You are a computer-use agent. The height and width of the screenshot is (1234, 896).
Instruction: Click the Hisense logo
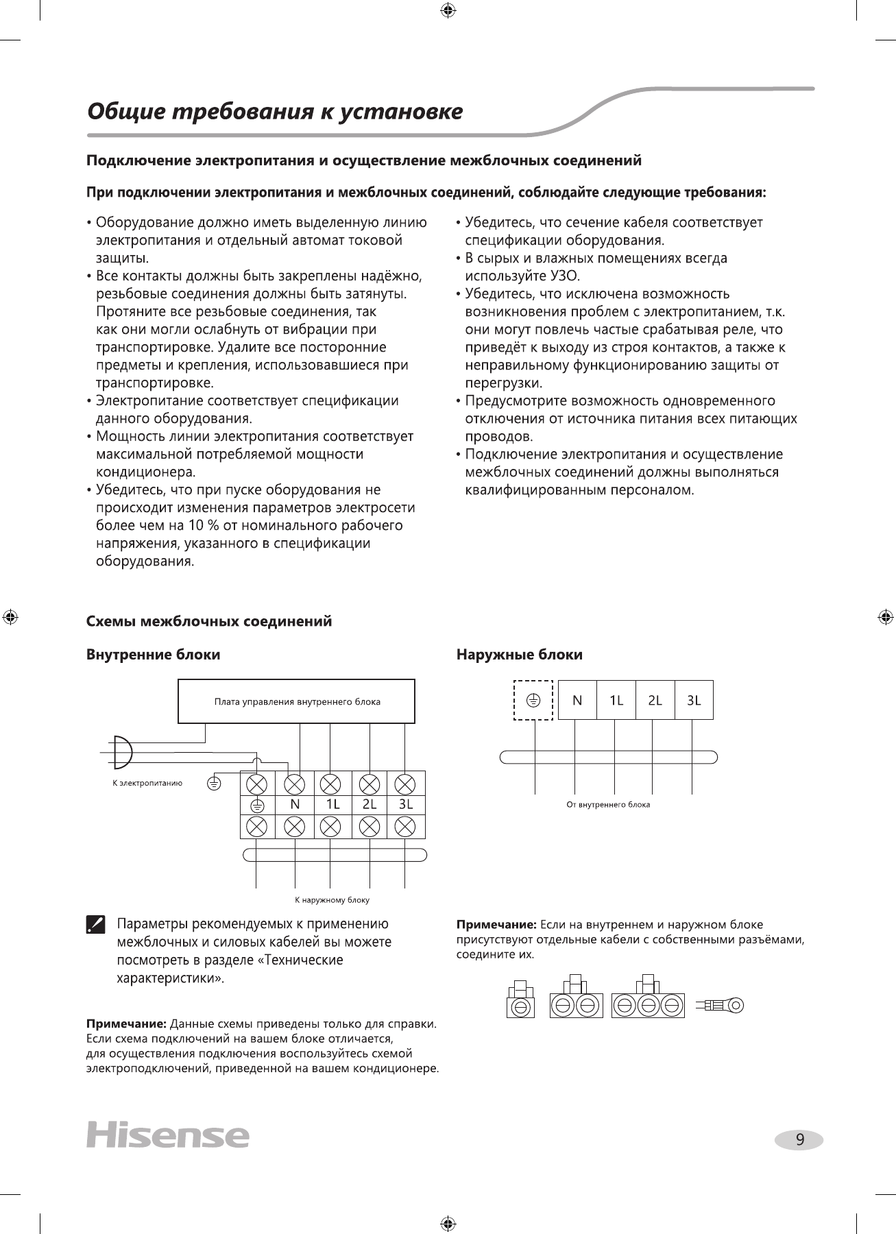click(167, 1135)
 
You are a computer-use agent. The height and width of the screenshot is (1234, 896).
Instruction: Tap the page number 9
click(799, 1140)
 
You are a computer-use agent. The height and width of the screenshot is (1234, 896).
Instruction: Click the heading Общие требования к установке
click(275, 111)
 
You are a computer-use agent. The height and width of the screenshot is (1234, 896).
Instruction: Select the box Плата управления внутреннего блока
click(296, 701)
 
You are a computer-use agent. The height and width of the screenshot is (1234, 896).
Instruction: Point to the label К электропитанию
click(147, 783)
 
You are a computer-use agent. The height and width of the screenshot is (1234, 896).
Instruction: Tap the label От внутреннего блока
click(608, 804)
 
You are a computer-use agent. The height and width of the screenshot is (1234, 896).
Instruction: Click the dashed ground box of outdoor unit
click(533, 700)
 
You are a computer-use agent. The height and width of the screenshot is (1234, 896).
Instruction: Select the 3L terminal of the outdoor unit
click(694, 700)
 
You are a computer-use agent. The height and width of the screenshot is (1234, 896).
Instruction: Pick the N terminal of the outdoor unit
click(577, 700)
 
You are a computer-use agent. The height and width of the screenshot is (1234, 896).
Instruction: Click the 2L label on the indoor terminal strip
click(370, 804)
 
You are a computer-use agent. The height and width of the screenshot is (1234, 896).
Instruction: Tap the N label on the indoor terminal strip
click(295, 804)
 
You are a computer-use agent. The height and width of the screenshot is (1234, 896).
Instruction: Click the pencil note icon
click(96, 925)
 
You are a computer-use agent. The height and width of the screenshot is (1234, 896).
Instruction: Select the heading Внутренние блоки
click(154, 655)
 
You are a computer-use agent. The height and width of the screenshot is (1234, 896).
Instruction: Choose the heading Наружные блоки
click(520, 655)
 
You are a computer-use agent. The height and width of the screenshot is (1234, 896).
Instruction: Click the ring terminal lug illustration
click(720, 1006)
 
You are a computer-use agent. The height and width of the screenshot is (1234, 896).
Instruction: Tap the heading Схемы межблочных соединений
click(209, 621)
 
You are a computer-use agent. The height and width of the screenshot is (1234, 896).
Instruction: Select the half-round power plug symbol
click(121, 753)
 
